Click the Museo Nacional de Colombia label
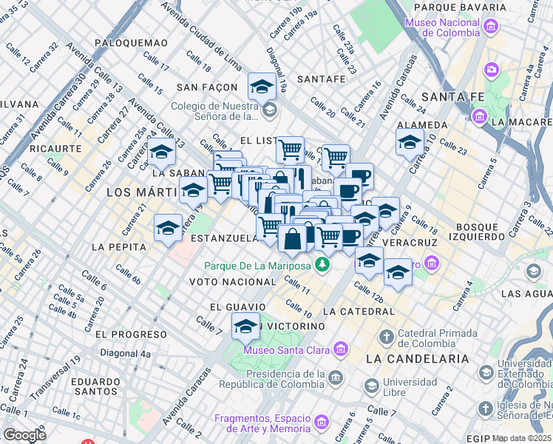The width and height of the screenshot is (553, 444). (441, 28)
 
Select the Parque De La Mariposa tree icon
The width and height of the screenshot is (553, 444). (322, 264)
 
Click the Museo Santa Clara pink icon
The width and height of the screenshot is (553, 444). (339, 349)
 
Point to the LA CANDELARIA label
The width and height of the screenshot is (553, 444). (417, 359)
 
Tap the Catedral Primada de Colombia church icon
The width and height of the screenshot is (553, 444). (385, 337)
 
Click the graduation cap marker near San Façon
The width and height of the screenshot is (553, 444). (262, 87)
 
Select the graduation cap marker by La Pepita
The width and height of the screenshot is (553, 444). (168, 227)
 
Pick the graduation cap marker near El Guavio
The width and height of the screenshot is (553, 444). (245, 326)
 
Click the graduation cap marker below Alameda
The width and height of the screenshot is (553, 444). (410, 144)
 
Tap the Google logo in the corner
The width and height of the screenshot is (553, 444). (24, 435)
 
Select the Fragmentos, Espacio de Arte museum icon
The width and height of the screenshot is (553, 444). (321, 423)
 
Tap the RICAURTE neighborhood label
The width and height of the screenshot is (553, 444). (55, 148)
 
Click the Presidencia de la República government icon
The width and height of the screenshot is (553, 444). (336, 378)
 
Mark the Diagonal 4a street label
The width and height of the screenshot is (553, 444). (125, 354)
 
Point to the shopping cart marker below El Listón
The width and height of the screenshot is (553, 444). (290, 150)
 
